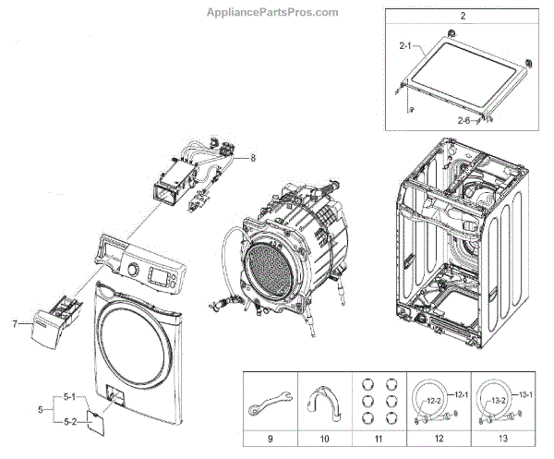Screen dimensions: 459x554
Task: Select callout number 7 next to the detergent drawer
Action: coord(15,324)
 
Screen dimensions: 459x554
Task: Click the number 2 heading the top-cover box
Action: coord(463,17)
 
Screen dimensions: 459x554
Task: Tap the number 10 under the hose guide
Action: coord(329,438)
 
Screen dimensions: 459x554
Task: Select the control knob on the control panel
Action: coord(132,271)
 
